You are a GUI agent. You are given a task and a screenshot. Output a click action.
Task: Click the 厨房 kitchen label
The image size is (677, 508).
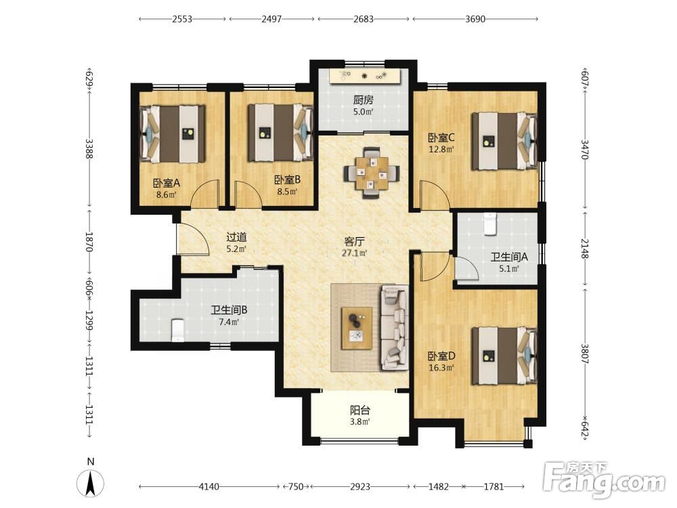click(x=363, y=100)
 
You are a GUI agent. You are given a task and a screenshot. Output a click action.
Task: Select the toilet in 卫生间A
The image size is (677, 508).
click(x=489, y=224)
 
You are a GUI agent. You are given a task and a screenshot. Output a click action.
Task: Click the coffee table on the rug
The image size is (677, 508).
click(x=357, y=329)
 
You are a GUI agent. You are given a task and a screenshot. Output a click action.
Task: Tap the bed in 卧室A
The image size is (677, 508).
click(x=172, y=134)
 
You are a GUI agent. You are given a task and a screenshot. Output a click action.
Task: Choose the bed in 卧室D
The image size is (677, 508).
click(x=504, y=356)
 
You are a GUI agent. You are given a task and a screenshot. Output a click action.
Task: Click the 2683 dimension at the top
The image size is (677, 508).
click(x=363, y=19)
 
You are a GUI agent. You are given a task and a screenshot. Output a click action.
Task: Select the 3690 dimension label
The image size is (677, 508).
click(x=475, y=19)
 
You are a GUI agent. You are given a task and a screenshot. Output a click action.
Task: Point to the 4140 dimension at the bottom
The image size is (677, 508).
click(x=209, y=486)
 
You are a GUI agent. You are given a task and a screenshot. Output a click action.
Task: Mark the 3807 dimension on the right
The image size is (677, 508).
click(x=585, y=354)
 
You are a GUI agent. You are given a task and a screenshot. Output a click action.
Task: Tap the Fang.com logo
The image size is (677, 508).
click(x=604, y=480)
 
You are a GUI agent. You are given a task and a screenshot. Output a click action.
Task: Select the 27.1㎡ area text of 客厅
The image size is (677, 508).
click(x=355, y=253)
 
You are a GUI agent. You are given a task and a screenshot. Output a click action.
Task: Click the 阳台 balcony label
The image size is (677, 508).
click(x=359, y=410)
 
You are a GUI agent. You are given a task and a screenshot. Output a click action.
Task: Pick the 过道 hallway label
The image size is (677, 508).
click(x=236, y=237)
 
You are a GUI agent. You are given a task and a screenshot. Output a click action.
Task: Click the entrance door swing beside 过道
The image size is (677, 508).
click(x=193, y=239)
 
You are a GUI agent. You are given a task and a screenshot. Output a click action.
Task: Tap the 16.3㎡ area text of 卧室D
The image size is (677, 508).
click(x=441, y=368)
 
